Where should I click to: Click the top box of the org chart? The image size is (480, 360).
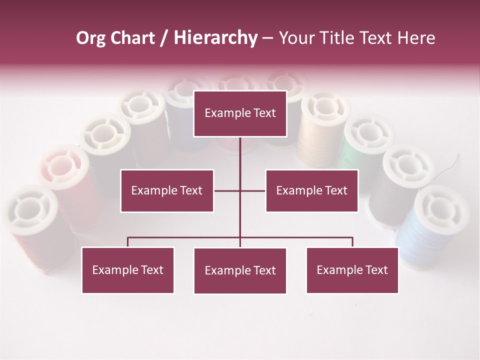[x=240, y=113]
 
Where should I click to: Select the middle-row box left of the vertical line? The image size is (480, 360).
[x=167, y=190]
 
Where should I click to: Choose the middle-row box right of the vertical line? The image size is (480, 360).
[x=312, y=190]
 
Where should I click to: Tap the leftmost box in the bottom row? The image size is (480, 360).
[x=128, y=270]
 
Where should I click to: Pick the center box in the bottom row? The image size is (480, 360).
[x=240, y=270]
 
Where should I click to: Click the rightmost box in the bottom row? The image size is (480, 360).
[x=352, y=270]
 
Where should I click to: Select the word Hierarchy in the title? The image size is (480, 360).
[x=215, y=38]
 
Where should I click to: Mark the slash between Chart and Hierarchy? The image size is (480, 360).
[x=164, y=38]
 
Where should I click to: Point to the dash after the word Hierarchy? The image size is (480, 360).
[x=267, y=38]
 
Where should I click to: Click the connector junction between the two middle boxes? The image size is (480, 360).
[x=240, y=190]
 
